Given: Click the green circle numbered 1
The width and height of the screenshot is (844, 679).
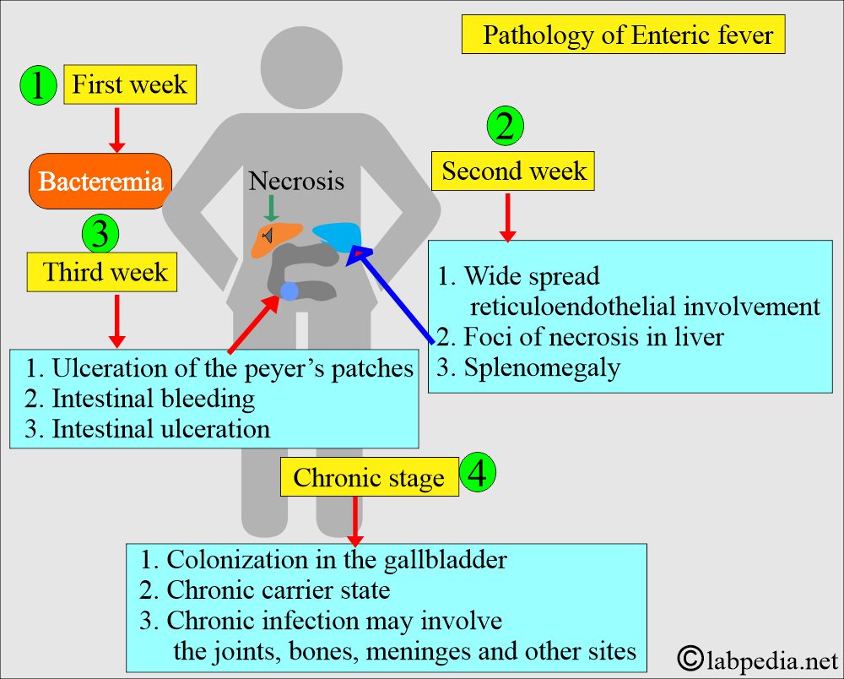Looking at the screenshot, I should pyautogui.click(x=36, y=86).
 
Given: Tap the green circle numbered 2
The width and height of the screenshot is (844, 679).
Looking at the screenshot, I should pyautogui.click(x=506, y=127).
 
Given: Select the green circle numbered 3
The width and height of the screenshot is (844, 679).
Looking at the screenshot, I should pyautogui.click(x=100, y=233).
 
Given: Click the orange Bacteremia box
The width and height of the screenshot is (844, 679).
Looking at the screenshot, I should pyautogui.click(x=100, y=182).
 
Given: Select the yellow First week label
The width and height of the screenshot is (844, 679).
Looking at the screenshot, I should pyautogui.click(x=130, y=85).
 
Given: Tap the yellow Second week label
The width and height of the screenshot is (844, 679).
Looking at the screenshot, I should pyautogui.click(x=513, y=171).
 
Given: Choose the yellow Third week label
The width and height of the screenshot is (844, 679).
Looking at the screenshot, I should pyautogui.click(x=104, y=273).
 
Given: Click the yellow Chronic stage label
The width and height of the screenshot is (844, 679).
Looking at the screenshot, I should pyautogui.click(x=369, y=478).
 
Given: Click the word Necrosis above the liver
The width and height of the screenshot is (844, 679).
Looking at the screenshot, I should pyautogui.click(x=296, y=181).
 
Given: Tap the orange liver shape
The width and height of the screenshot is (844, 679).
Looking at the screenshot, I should pyautogui.click(x=277, y=238).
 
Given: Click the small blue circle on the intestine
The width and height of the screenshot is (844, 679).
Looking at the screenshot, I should pyautogui.click(x=289, y=291).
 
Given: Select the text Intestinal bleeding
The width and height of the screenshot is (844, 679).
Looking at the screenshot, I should pyautogui.click(x=153, y=397).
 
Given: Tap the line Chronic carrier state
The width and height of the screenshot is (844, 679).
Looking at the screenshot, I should pyautogui.click(x=278, y=589).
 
